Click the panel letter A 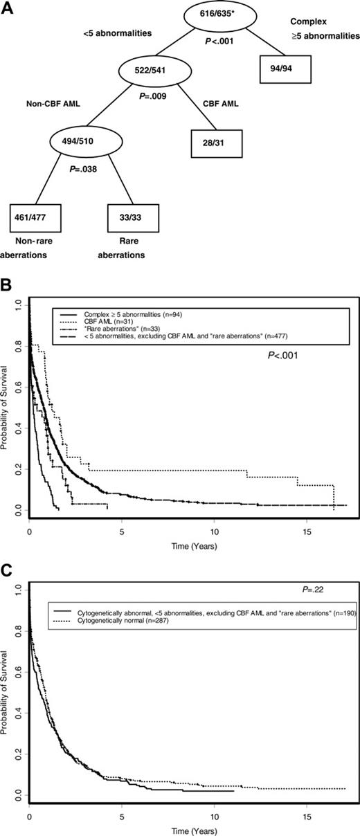point(7,6)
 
